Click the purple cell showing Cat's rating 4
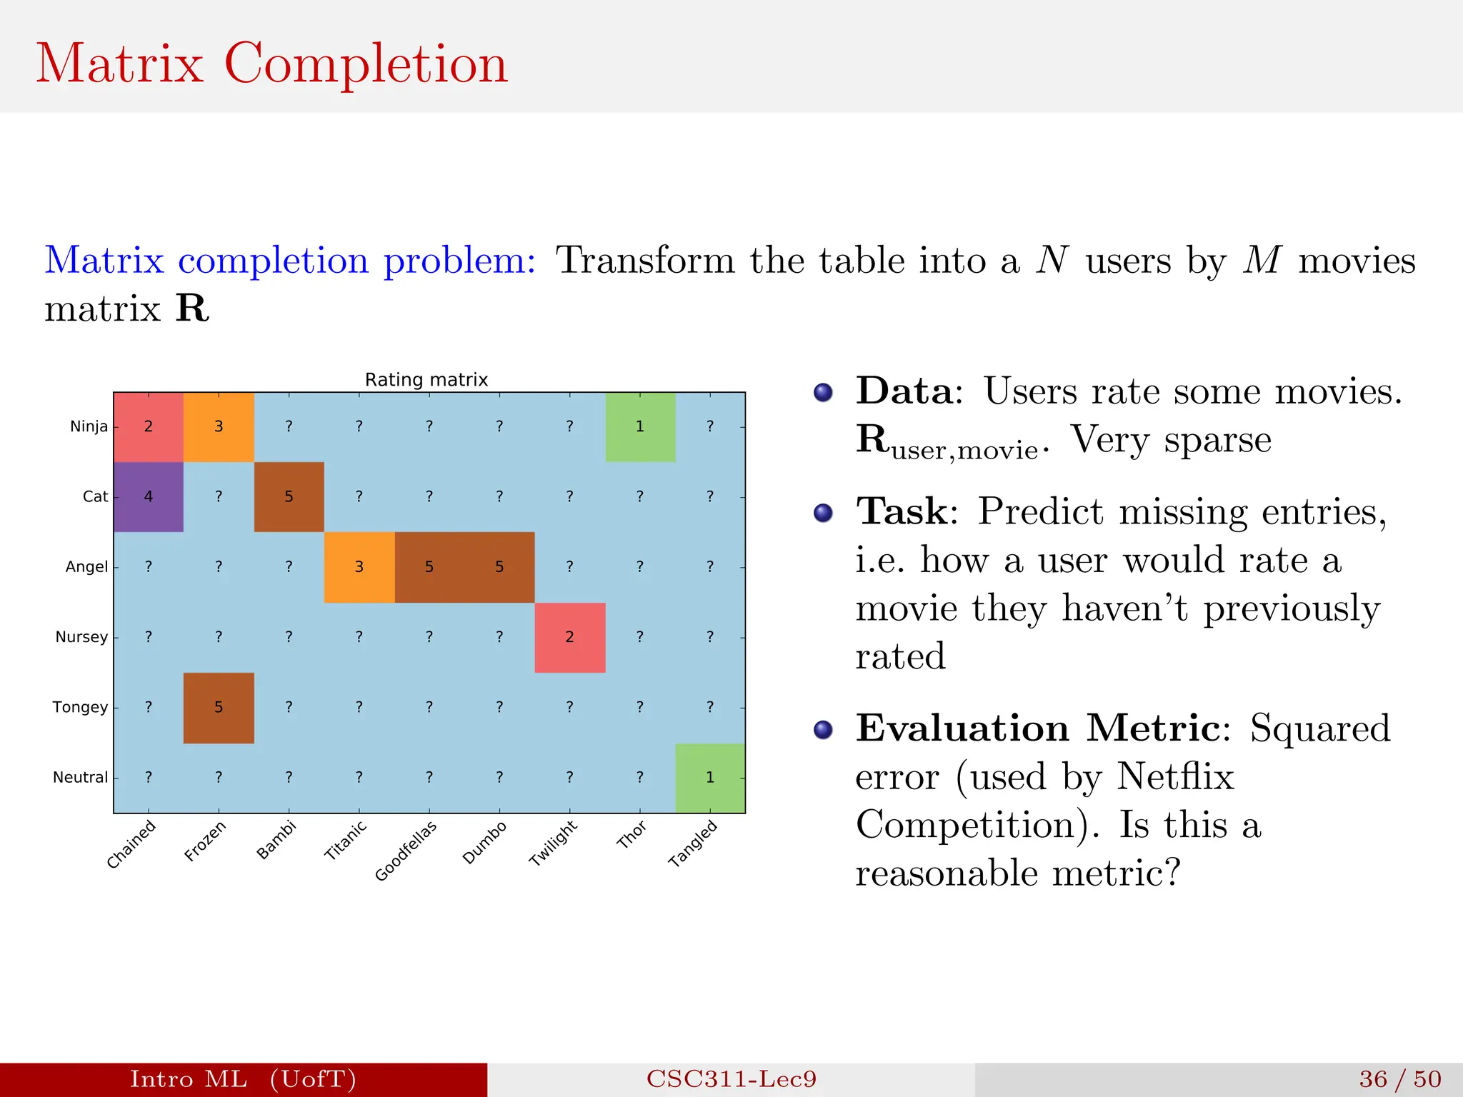[x=149, y=496]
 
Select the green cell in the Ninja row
[x=640, y=426]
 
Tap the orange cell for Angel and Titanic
[x=359, y=567]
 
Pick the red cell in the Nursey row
[x=570, y=637]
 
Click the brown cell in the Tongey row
[x=219, y=707]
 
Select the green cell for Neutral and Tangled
[x=710, y=777]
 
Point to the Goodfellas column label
[x=406, y=851]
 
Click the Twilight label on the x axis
[x=553, y=843]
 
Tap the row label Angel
[x=86, y=567]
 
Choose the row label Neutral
[x=80, y=777]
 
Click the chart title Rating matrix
[x=426, y=380]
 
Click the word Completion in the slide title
[x=366, y=64]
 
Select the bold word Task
[x=902, y=512]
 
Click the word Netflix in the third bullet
[x=1175, y=776]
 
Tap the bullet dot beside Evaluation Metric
[x=823, y=729]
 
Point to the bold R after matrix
[x=192, y=309]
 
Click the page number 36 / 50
[x=1399, y=1078]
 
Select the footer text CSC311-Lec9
[x=731, y=1078]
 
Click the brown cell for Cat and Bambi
[x=289, y=496]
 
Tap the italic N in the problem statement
[x=1052, y=260]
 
